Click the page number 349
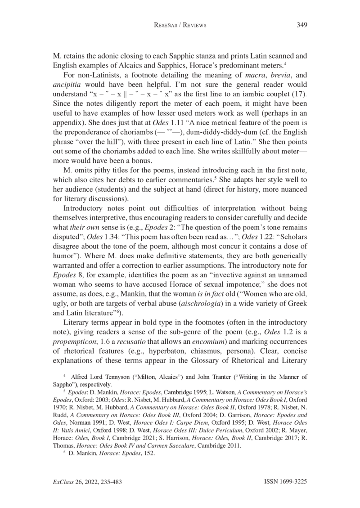[x=301, y=25]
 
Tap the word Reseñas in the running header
[x=166, y=26]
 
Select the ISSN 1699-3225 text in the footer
[x=284, y=481]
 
